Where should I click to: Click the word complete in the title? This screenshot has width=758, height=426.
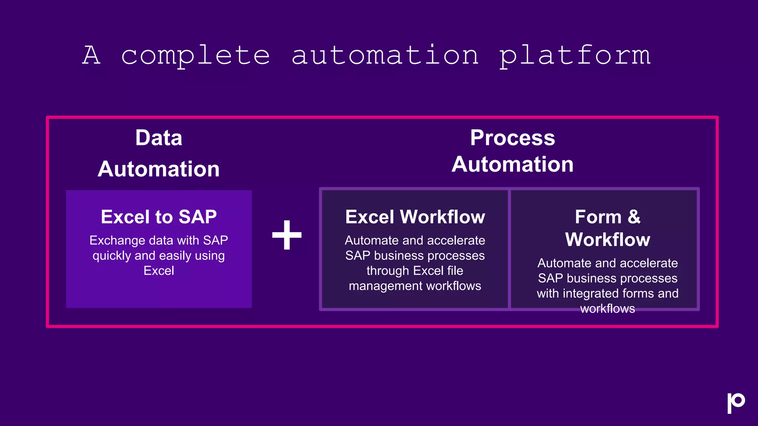click(195, 55)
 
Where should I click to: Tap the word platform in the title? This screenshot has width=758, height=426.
click(575, 55)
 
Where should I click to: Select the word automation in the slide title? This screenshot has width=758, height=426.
click(385, 55)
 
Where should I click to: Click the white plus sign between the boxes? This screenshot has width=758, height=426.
click(287, 235)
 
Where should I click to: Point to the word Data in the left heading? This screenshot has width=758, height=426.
click(159, 138)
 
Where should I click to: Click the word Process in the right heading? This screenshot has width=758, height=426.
click(513, 138)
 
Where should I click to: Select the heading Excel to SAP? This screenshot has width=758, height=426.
click(159, 217)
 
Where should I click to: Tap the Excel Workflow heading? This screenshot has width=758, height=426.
click(415, 217)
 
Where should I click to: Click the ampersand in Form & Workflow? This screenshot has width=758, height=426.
click(634, 217)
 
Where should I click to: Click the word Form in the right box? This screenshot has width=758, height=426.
click(598, 217)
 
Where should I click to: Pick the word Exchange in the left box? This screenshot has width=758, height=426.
click(117, 241)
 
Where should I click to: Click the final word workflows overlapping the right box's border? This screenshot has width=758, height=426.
click(607, 309)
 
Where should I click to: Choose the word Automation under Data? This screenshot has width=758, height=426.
click(159, 169)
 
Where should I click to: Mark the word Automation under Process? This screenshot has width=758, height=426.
click(513, 164)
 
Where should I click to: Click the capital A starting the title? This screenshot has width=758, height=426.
click(91, 55)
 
